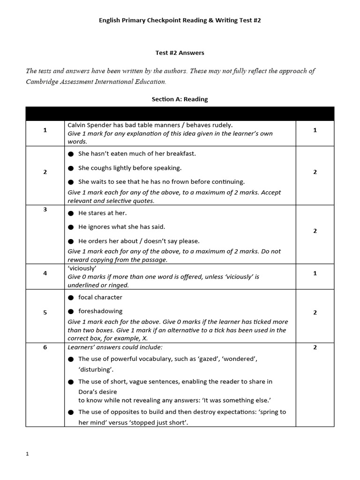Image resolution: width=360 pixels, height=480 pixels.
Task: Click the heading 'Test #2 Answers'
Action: click(180, 53)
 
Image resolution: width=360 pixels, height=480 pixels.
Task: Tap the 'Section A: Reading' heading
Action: click(180, 99)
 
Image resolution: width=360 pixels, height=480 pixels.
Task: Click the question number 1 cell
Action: click(45, 130)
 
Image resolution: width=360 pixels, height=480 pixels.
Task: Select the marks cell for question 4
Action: click(315, 273)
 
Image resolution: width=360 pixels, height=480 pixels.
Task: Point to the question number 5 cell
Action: click(45, 313)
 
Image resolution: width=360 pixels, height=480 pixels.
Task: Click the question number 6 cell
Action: click(45, 347)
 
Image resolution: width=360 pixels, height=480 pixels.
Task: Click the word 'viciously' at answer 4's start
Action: click(82, 269)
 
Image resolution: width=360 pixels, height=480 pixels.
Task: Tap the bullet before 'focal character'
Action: click(71, 298)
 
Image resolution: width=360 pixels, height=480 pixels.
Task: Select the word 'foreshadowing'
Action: click(100, 311)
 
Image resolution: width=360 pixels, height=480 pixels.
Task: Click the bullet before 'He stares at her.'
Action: click(71, 213)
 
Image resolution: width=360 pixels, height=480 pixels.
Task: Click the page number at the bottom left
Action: click(28, 454)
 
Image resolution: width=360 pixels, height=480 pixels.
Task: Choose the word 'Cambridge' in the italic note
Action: click(45, 82)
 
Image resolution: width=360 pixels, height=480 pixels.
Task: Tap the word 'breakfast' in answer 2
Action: click(180, 154)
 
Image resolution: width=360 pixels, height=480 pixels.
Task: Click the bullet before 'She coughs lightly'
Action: click(71, 168)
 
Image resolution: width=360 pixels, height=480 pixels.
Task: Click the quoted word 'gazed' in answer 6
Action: click(210, 359)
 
